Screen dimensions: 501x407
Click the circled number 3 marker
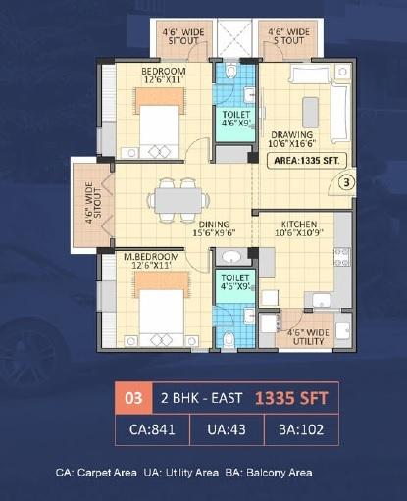pos(346,181)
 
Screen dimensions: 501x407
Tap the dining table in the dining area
pos(177,199)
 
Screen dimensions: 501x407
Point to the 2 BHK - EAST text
pos(196,399)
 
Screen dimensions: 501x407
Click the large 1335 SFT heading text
pos(290,399)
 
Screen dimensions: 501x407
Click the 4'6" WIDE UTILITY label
pos(305,336)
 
